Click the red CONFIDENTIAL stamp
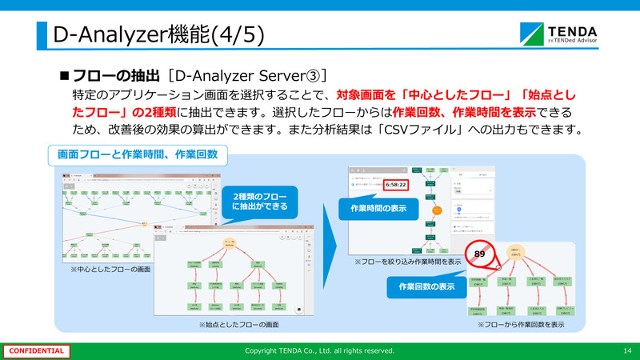37,350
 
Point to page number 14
626,350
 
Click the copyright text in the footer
319,350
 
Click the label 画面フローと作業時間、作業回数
138,153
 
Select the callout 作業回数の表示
424,286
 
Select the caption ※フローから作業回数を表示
521,326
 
